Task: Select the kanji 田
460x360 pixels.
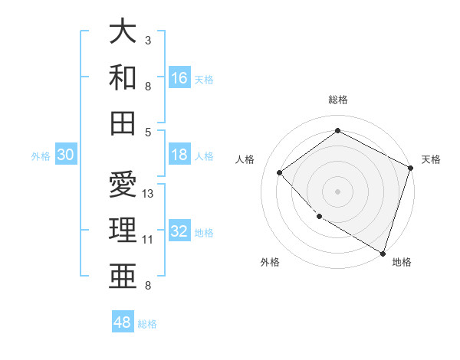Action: coord(123,122)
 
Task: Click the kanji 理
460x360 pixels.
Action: coord(123,230)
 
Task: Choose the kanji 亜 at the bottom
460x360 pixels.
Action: coord(123,275)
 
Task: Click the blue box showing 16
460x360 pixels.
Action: coord(179,77)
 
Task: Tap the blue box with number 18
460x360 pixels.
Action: coord(179,155)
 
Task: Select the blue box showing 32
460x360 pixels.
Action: coord(179,231)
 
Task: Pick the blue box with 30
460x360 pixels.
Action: coord(65,155)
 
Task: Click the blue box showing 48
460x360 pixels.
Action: coord(122,322)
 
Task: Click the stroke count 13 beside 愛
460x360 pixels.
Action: coord(148,193)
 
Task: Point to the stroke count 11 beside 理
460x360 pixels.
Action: coord(148,240)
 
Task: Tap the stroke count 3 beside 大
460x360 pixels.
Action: coord(148,40)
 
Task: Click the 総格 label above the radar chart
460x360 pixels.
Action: coord(337,100)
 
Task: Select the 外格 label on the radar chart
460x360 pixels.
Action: coord(270,262)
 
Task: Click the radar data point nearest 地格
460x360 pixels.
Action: coord(382,252)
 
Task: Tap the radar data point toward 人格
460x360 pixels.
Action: coord(280,172)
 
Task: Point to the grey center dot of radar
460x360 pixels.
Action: coord(337,191)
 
